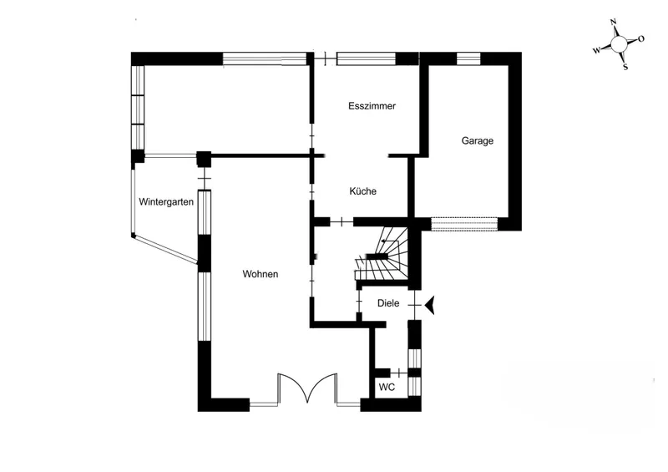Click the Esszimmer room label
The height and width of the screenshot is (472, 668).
(372, 106)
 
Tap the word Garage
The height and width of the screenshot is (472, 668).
(478, 141)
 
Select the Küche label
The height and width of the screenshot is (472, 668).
(362, 191)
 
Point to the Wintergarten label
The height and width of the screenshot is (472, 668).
(166, 201)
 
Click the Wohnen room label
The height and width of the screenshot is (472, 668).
(261, 274)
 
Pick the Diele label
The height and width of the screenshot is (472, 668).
(388, 303)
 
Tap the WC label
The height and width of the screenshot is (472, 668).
(387, 388)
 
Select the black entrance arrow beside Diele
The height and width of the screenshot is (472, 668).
(431, 307)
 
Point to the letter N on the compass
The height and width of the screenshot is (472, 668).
(614, 23)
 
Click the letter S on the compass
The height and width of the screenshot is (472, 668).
(625, 67)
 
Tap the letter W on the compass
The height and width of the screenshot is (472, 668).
(596, 50)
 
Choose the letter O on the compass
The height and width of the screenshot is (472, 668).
(640, 39)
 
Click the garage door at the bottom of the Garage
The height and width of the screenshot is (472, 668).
(466, 223)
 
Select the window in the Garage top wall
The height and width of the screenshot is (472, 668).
(468, 58)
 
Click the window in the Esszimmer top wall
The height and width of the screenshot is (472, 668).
(365, 58)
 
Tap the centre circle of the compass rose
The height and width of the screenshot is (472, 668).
(619, 44)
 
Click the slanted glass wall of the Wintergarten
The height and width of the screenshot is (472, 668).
(164, 250)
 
